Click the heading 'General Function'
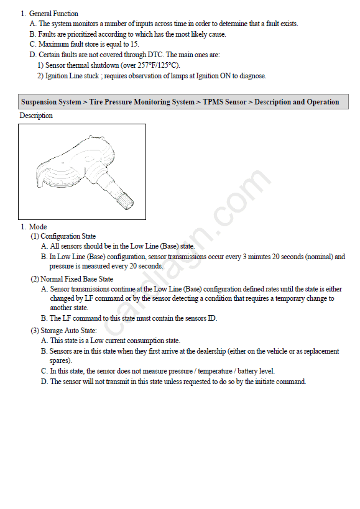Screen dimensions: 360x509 click(x=53, y=14)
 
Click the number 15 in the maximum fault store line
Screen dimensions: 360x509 click(x=134, y=44)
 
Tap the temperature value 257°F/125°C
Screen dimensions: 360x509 click(x=158, y=65)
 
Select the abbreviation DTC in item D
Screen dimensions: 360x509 click(x=155, y=55)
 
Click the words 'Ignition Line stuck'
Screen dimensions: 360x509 click(x=72, y=76)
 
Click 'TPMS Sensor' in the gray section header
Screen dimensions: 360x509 click(x=224, y=102)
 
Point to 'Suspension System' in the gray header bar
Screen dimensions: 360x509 click(x=51, y=102)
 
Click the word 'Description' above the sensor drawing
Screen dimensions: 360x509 click(x=36, y=116)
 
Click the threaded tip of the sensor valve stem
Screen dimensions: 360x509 click(x=126, y=201)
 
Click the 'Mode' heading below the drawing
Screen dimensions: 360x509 click(x=38, y=227)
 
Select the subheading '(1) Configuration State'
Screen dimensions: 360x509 click(x=63, y=236)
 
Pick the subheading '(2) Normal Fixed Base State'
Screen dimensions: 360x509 click(x=72, y=279)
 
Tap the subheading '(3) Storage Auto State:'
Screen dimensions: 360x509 click(x=63, y=331)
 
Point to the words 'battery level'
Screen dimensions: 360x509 click(x=256, y=371)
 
